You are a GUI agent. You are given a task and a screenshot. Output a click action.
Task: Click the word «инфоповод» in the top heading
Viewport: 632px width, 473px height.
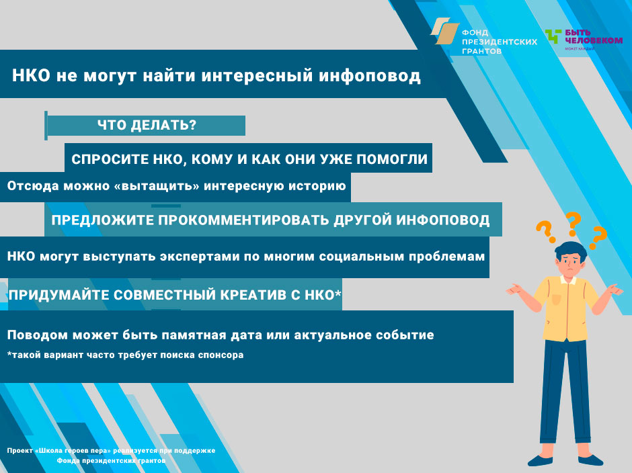[x=370, y=76]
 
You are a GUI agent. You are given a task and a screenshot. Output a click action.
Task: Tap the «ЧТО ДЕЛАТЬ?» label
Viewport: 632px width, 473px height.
[x=147, y=125]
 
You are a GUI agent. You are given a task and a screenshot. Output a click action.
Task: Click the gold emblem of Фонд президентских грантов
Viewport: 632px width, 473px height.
[x=445, y=31]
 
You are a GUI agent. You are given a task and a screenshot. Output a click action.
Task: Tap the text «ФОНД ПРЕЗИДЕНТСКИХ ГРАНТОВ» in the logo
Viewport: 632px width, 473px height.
[x=500, y=42]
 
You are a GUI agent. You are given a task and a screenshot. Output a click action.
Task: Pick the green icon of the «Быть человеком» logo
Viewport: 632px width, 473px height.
[x=553, y=36]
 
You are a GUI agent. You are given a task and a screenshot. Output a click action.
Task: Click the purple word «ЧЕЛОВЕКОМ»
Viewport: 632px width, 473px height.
[x=594, y=40]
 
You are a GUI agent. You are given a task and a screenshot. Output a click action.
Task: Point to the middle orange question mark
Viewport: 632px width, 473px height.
[x=573, y=224]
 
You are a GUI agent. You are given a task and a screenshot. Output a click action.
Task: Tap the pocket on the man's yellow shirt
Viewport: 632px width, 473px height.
[x=556, y=299]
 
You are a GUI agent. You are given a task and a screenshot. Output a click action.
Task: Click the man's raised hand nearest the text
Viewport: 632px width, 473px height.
[x=515, y=290]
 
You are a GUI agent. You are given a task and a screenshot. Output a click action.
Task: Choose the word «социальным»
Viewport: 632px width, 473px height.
[x=361, y=257]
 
